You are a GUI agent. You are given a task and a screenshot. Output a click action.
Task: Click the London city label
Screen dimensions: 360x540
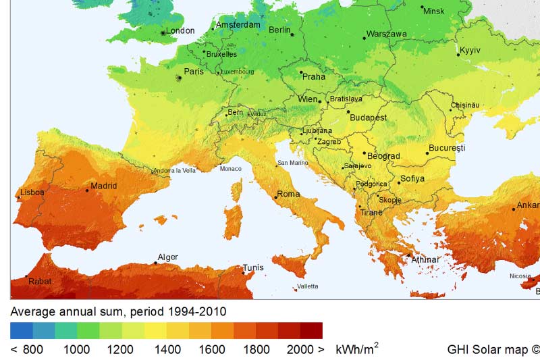[180, 30]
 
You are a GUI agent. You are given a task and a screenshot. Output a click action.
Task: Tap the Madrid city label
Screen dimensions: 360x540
[104, 186]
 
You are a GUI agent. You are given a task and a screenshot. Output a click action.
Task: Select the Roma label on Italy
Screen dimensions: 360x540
[288, 195]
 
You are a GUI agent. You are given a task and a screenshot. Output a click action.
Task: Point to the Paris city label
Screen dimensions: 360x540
[194, 72]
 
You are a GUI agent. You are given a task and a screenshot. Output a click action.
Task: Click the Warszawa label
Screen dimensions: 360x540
[386, 34]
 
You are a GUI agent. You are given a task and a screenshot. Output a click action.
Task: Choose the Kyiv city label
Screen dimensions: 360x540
[470, 51]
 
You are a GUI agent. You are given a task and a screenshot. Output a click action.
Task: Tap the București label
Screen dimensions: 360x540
[447, 148]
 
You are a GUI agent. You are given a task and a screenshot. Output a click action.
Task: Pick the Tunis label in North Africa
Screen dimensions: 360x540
[253, 267]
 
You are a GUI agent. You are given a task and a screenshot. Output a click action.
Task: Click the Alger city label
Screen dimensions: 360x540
[167, 257]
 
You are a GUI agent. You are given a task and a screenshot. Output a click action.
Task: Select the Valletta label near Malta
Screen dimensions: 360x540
[307, 287]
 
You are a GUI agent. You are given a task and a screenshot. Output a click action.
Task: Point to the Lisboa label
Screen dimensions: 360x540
[32, 192]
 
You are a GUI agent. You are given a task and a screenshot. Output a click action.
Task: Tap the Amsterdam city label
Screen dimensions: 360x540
[238, 25]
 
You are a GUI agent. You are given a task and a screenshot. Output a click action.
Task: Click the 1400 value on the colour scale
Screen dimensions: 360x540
[167, 349]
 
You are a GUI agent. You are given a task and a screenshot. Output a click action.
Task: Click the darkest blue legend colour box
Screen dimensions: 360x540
[21, 330]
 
